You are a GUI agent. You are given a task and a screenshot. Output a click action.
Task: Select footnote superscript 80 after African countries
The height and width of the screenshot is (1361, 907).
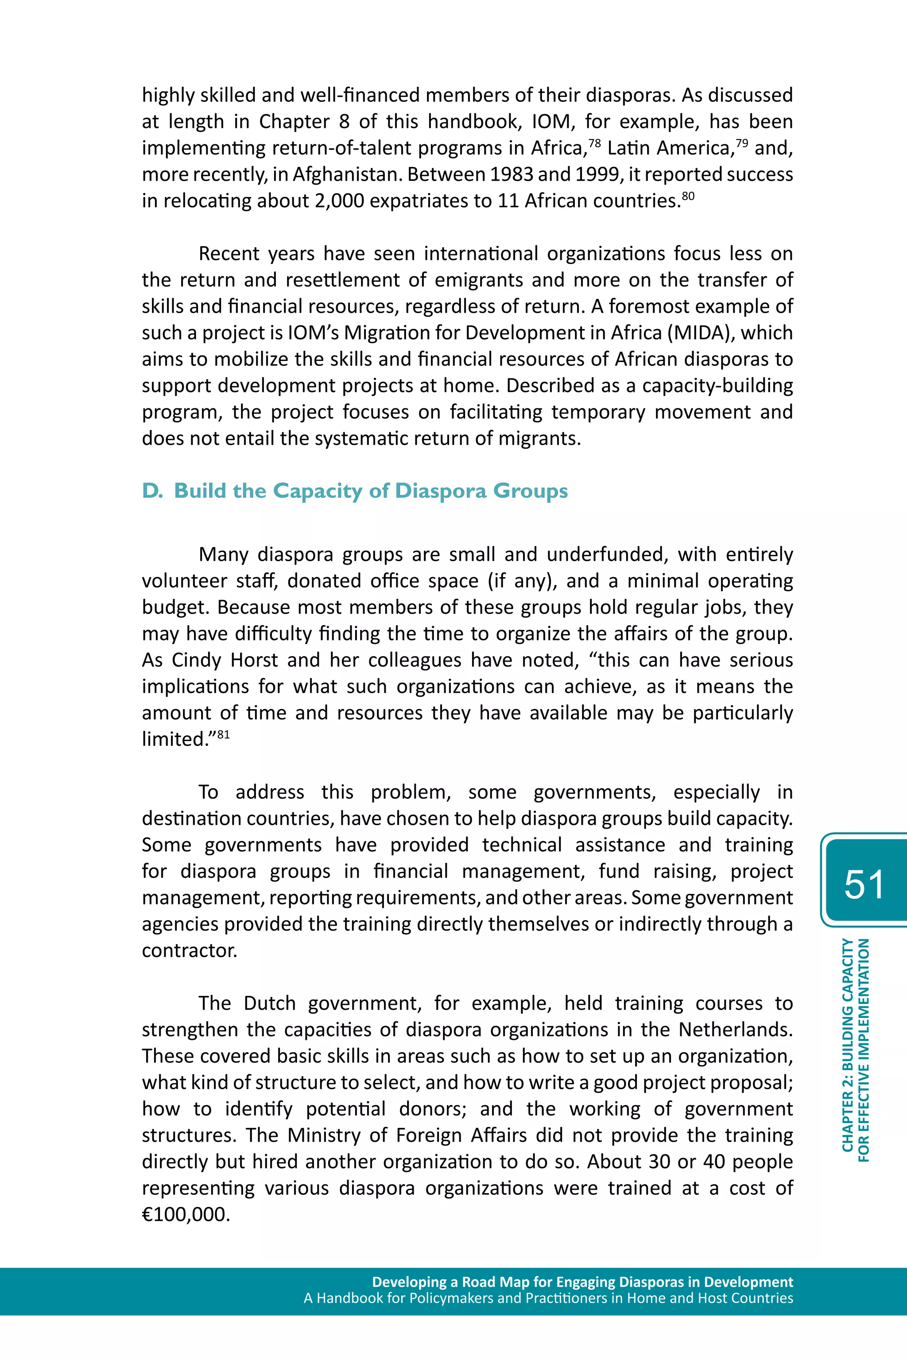tap(688, 195)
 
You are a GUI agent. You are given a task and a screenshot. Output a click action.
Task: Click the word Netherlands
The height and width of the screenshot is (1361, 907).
tap(735, 1030)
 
